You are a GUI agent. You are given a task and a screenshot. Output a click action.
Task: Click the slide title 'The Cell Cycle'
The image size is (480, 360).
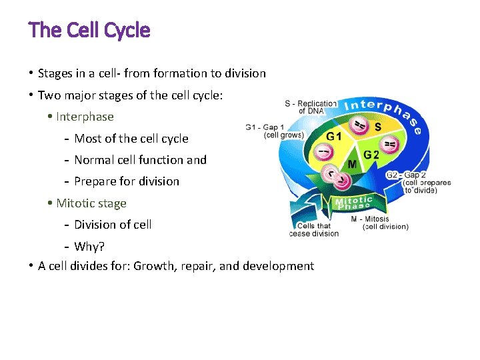click(x=89, y=31)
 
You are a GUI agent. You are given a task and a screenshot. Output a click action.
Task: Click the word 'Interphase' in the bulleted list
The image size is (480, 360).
click(x=85, y=117)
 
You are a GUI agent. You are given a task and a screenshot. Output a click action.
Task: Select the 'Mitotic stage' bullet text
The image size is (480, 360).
click(x=91, y=203)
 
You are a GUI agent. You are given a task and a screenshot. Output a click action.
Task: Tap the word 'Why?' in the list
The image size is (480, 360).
click(x=89, y=247)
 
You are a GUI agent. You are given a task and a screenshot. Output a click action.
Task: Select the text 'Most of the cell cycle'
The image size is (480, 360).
click(x=131, y=139)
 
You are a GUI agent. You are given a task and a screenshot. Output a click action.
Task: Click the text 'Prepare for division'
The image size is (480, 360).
click(x=127, y=181)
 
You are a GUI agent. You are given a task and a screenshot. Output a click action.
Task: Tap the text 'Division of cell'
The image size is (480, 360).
click(x=113, y=225)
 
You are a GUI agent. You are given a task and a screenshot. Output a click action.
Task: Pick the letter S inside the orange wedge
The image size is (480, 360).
click(x=377, y=126)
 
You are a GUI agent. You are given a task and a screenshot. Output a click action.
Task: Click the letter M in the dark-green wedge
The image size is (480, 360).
click(x=352, y=164)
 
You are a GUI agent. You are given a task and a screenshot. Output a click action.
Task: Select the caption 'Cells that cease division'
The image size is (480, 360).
click(x=315, y=230)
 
